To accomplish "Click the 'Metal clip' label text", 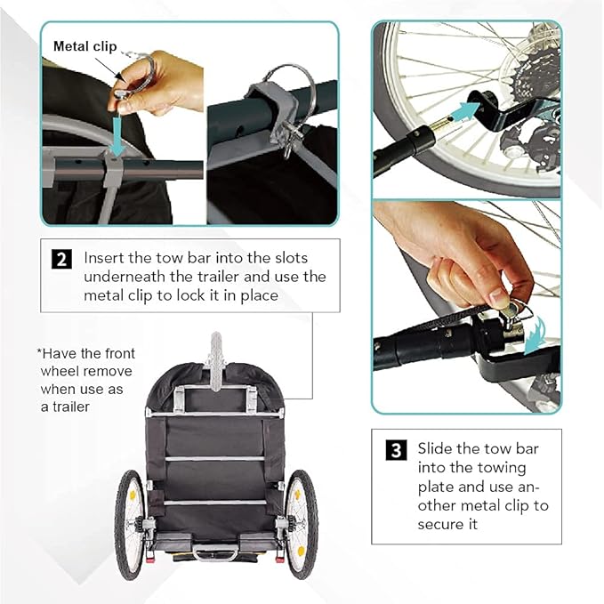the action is coord(85,46).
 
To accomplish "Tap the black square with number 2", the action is coord(61,259).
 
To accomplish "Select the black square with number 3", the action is coord(396,450).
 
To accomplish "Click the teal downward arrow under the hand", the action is coord(117,138).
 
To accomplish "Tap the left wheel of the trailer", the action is coord(129,525).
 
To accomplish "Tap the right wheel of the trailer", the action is coord(302,525).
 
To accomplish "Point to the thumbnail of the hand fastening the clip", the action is coord(466,307).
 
